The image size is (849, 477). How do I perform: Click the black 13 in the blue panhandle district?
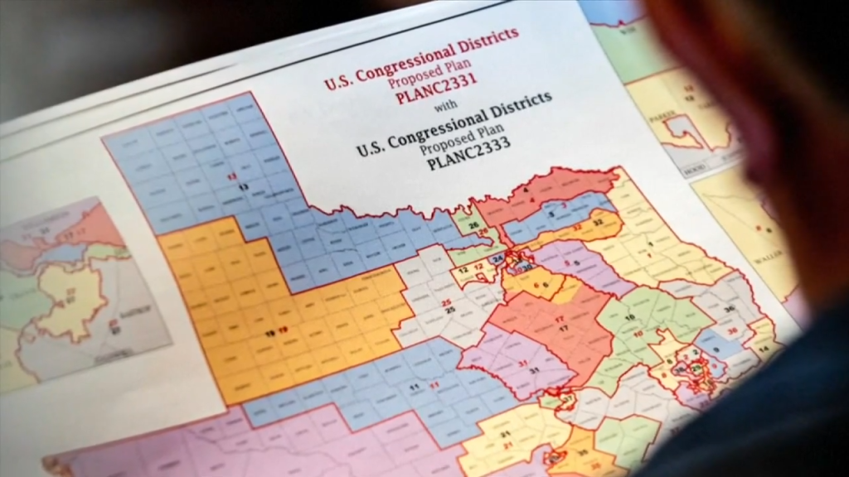(243, 188)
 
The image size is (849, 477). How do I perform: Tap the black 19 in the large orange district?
(269, 333)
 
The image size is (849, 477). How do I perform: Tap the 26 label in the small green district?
(473, 225)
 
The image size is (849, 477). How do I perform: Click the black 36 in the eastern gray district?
(729, 309)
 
